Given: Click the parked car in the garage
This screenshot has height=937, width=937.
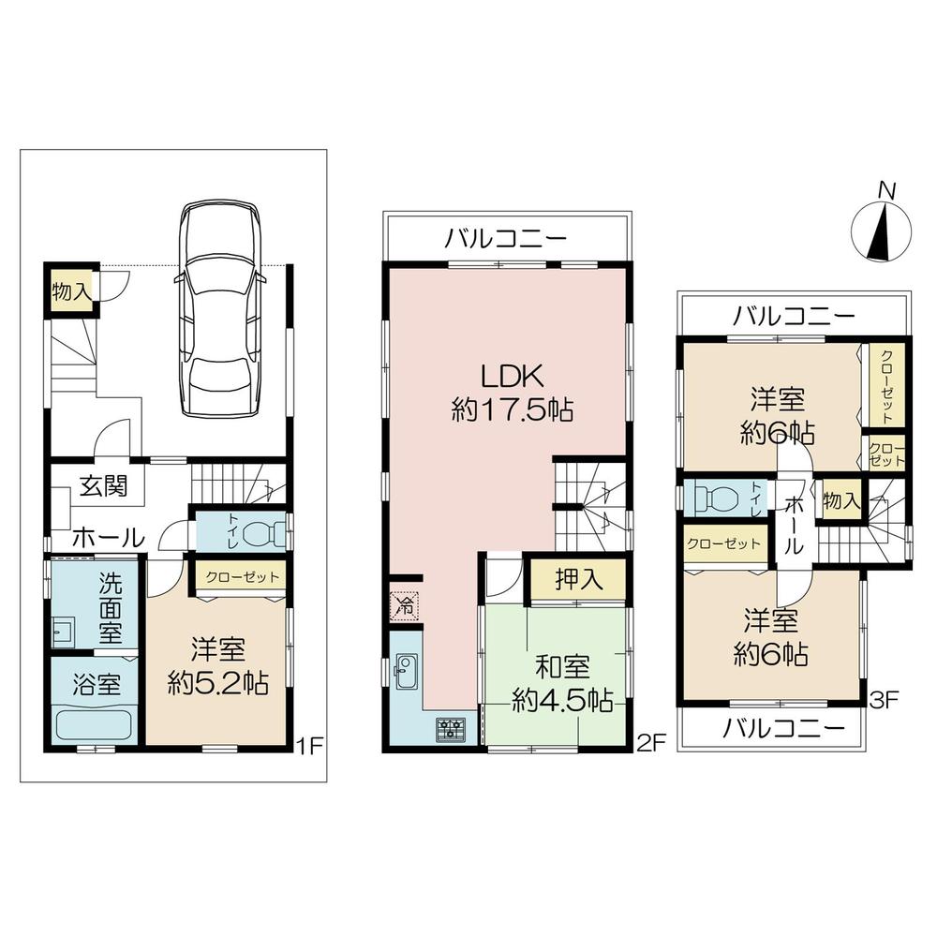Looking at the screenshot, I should pos(219,309).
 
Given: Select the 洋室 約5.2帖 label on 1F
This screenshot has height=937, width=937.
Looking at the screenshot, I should pos(218,666).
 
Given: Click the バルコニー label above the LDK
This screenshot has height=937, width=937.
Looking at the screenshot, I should pos(505,239).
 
